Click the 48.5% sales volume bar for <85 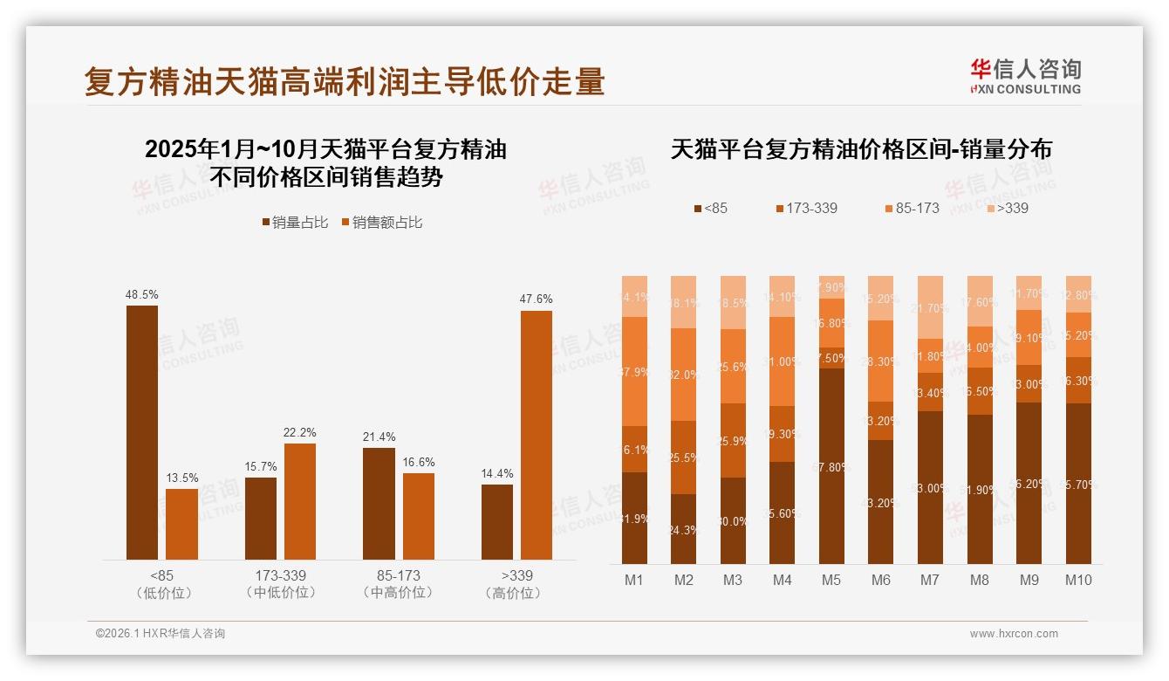tap(142, 432)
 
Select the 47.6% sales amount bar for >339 tap(537, 435)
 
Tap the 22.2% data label tap(299, 432)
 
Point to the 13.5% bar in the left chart tap(181, 524)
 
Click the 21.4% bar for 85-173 tap(379, 504)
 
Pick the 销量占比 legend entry tap(295, 223)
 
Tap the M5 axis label tap(831, 580)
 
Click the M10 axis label tap(1078, 580)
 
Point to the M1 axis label tap(634, 580)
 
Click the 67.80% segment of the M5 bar tap(831, 466)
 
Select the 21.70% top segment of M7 tap(931, 307)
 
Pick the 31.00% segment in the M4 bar tap(782, 361)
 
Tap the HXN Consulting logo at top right tap(1025, 77)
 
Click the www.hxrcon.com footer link tap(1014, 634)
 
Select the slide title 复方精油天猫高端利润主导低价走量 tap(345, 82)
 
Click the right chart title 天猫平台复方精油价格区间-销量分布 tap(861, 149)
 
